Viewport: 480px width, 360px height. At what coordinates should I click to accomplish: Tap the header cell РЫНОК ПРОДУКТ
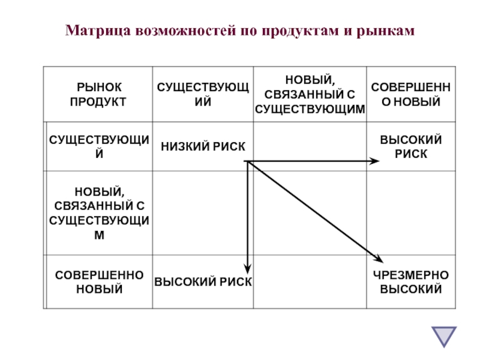[x=98, y=95]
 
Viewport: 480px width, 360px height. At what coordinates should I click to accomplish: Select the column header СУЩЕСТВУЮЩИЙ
[x=203, y=95]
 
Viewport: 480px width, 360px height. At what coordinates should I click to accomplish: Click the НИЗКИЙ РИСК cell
[x=203, y=146]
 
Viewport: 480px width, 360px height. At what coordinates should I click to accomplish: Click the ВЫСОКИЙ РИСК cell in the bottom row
[x=203, y=282]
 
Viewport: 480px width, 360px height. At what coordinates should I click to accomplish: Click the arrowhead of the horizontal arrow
[x=376, y=161]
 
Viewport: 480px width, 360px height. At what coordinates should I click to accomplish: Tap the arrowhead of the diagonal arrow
[x=379, y=259]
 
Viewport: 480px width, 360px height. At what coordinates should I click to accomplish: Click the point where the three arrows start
[x=247, y=161]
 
